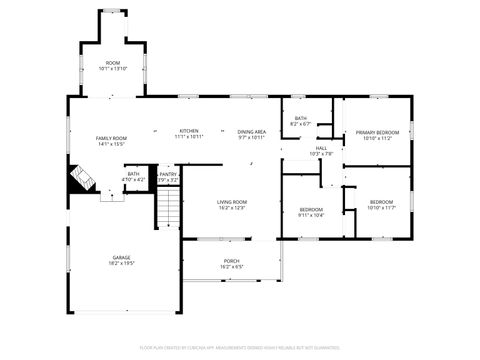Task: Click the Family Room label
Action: coord(111,138)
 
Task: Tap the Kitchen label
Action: coord(189,130)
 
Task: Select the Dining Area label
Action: coord(251,131)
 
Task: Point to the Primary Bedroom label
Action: coord(377,132)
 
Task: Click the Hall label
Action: coord(321,148)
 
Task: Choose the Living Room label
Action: coord(232,202)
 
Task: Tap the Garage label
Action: coord(122,257)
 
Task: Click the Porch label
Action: coord(232,261)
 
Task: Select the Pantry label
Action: coord(168,174)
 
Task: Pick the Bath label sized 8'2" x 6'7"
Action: coord(301,119)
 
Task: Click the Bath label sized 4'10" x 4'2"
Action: coord(133,174)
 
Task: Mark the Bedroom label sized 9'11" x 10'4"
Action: coord(311,209)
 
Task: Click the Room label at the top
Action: coord(113,63)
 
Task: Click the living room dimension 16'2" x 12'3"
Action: coord(232,207)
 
